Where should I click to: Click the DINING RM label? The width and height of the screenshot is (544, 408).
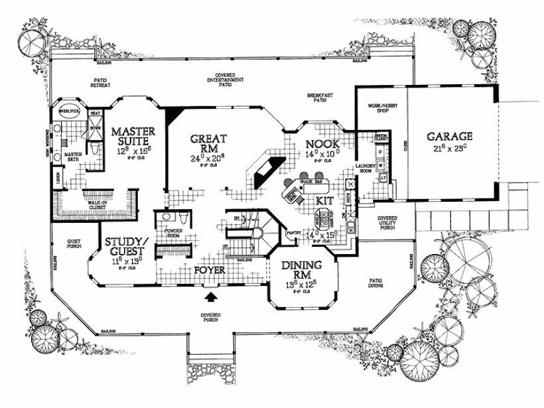coord(302,269)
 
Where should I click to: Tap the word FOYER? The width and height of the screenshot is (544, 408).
coord(211,271)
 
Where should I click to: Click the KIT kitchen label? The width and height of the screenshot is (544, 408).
coord(324,199)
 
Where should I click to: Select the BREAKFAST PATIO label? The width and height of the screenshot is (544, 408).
coord(319,98)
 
